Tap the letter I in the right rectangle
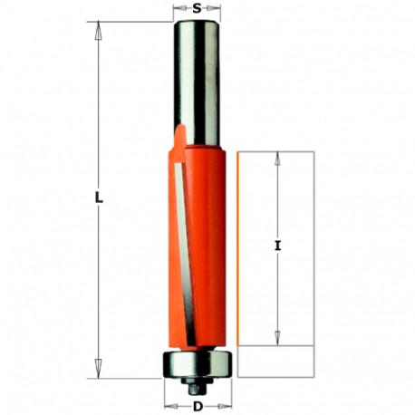pos(276,245)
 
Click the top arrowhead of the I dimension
pos(276,159)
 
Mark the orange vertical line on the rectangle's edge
pos(237,249)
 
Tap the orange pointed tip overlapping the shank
pos(179,131)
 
